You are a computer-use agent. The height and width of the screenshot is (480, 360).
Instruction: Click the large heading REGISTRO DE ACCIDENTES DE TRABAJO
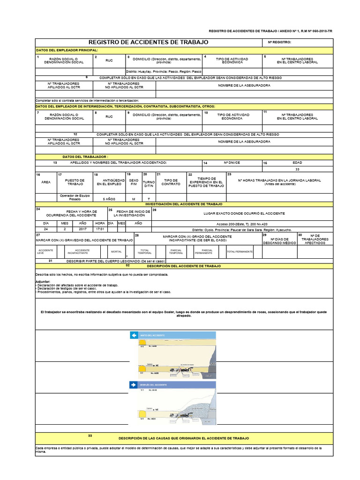(x=148, y=42)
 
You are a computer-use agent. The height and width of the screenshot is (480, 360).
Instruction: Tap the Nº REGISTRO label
(x=279, y=42)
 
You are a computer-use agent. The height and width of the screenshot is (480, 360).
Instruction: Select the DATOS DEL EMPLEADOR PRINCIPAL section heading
(x=67, y=50)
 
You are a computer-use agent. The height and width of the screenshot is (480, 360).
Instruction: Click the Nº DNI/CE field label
(x=232, y=163)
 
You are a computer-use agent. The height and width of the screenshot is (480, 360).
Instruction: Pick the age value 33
(x=297, y=169)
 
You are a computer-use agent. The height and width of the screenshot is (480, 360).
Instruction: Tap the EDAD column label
(x=297, y=163)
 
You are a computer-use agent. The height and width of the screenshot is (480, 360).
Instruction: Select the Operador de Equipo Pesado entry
(x=75, y=197)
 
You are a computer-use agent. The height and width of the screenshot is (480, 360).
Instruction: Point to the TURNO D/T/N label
(x=148, y=182)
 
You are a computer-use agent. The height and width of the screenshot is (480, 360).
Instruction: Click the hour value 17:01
(x=100, y=230)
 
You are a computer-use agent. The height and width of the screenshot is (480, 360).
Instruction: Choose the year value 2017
(x=82, y=230)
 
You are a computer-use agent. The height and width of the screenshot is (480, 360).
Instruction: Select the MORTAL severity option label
(x=116, y=252)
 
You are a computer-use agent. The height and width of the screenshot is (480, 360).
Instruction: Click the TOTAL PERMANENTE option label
(x=240, y=252)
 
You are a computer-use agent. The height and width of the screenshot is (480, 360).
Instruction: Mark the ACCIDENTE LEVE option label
(x=46, y=252)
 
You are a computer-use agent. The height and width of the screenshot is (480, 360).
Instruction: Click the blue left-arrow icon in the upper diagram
(x=134, y=336)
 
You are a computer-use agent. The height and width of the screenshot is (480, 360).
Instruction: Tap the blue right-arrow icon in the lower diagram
(x=134, y=385)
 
